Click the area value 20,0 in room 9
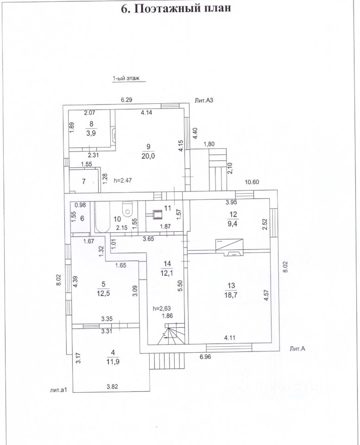pyautogui.click(x=148, y=155)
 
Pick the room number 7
pyautogui.click(x=84, y=181)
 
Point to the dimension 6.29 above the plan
pyautogui.click(x=126, y=99)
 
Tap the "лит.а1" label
pyautogui.click(x=59, y=390)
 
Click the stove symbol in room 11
pyautogui.click(x=158, y=213)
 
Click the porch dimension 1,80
pyautogui.click(x=209, y=144)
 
